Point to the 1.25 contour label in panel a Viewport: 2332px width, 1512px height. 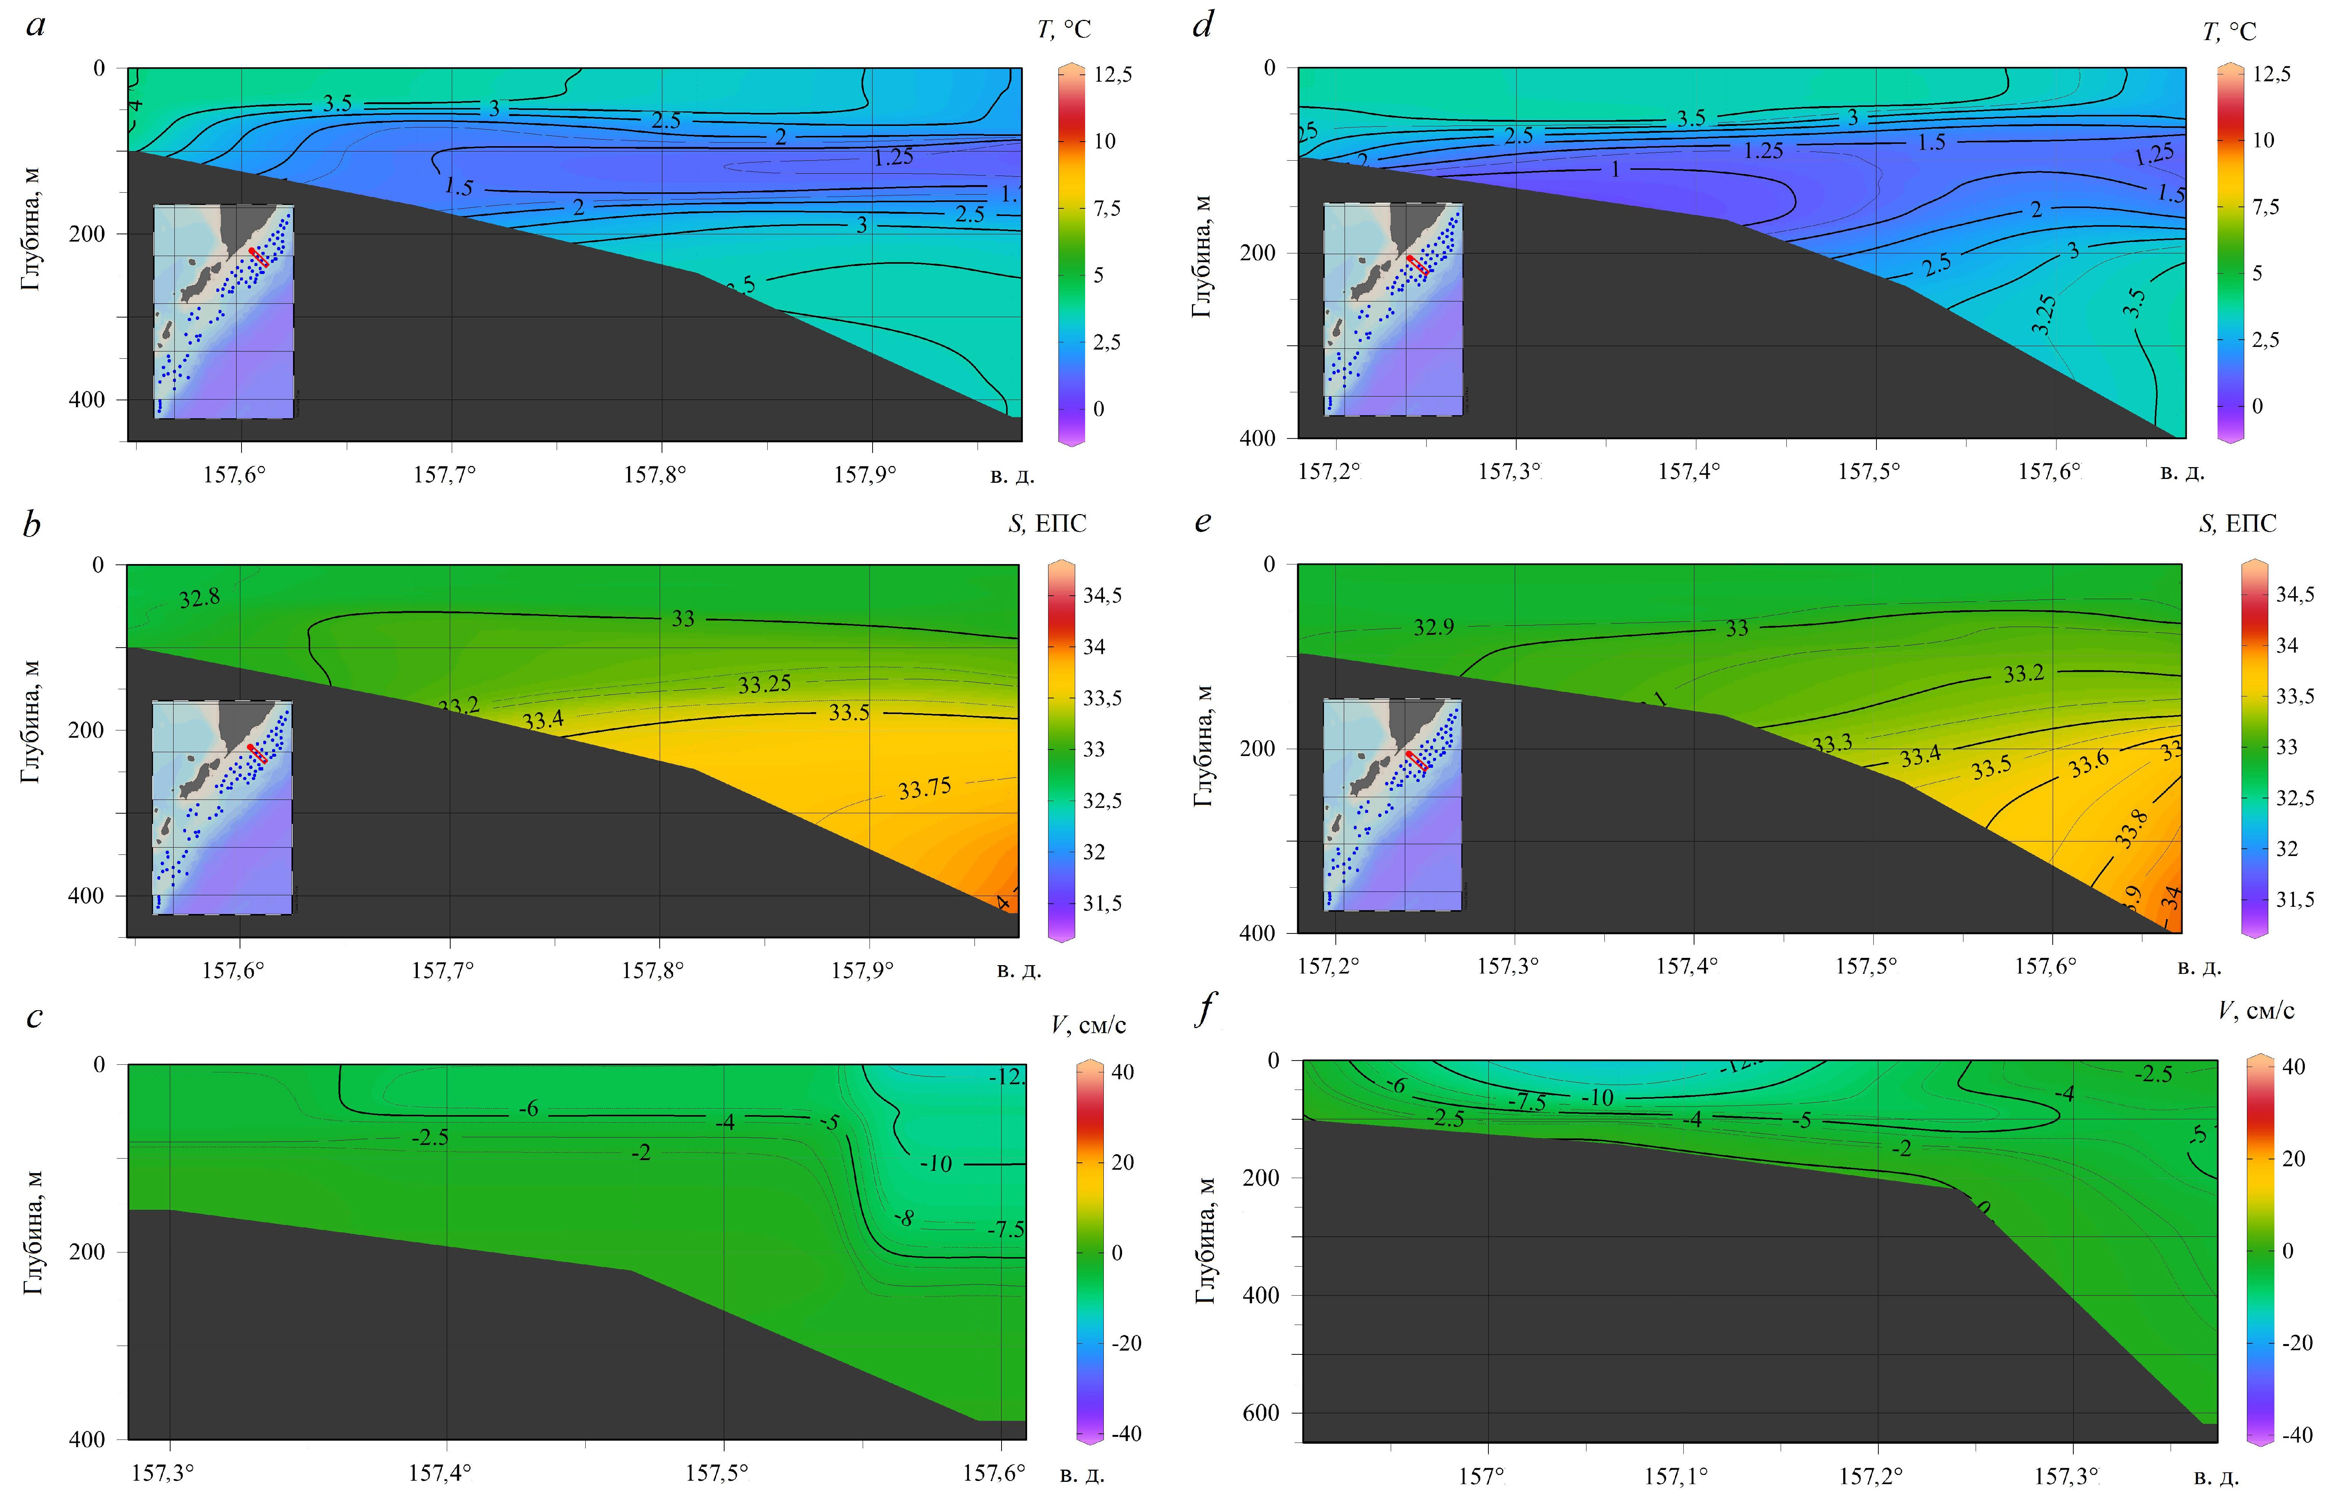point(893,157)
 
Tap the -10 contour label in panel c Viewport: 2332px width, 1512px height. point(936,1164)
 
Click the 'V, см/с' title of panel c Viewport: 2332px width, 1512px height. point(1088,1025)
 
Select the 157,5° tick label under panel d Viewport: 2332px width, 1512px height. point(1868,471)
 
